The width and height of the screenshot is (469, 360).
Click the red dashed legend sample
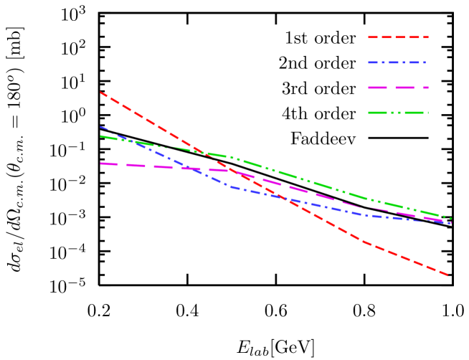pyautogui.click(x=398, y=37)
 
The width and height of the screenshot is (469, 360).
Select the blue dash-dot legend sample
pyautogui.click(x=398, y=62)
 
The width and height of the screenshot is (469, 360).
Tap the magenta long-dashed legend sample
pyautogui.click(x=398, y=87)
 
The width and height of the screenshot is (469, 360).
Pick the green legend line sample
pyautogui.click(x=398, y=113)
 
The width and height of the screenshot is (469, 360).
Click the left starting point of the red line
pyautogui.click(x=100, y=92)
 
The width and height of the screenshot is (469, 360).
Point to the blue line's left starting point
pyautogui.click(x=100, y=127)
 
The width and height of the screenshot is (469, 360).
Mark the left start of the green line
pyautogui.click(x=100, y=136)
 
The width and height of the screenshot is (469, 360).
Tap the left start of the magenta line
pyautogui.click(x=100, y=164)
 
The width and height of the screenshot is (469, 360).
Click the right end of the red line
pyautogui.click(x=449, y=275)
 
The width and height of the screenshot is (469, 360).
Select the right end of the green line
pyautogui.click(x=450, y=218)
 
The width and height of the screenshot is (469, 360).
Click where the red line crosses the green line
pyautogui.click(x=204, y=153)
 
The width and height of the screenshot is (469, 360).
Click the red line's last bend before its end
pyautogui.click(x=364, y=242)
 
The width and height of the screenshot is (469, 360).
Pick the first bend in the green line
pyautogui.click(x=229, y=157)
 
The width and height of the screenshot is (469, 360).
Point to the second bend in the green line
pyautogui.click(x=366, y=198)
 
